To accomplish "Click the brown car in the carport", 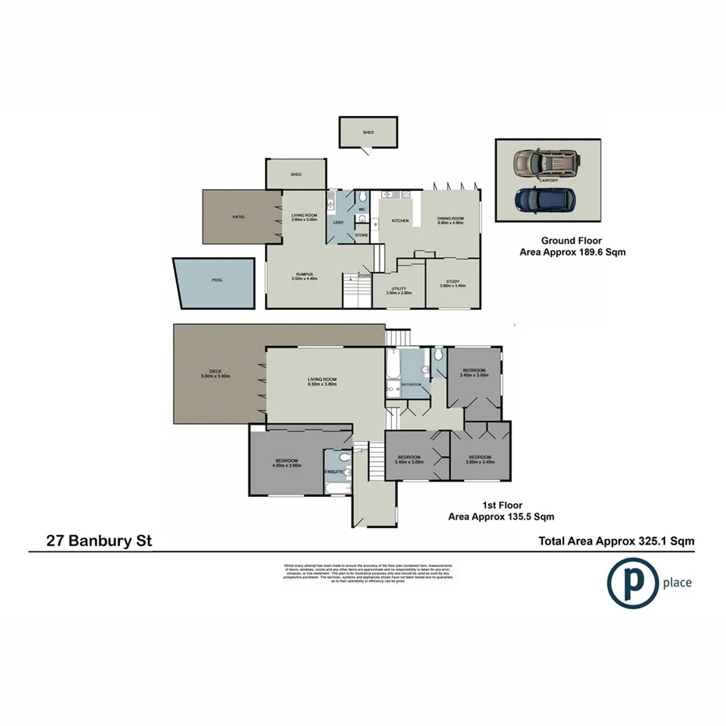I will click(545, 163).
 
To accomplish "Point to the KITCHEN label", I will click(400, 221).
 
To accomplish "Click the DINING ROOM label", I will click(450, 220).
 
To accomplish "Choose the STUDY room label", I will click(453, 282).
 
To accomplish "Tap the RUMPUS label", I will click(305, 274).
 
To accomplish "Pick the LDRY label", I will click(338, 223).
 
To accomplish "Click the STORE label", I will click(361, 234).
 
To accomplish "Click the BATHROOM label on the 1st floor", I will click(411, 385).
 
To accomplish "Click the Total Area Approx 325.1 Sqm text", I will click(616, 541).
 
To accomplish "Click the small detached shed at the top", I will click(368, 132).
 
